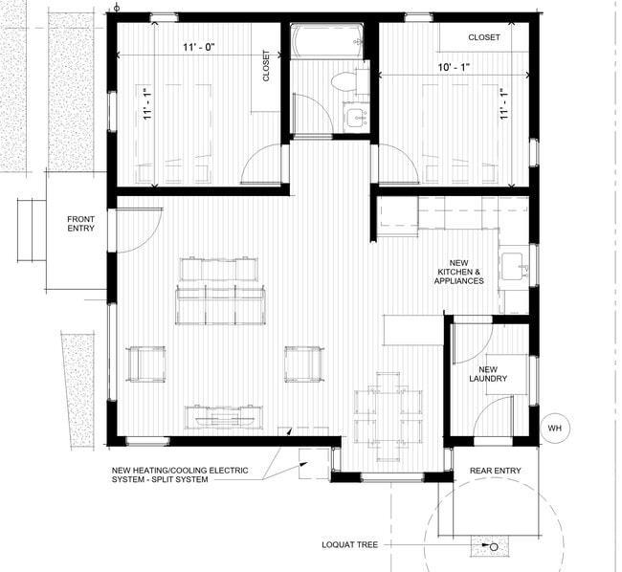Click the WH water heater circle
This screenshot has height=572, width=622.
tap(554, 429)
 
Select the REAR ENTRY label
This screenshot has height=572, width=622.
tap(494, 470)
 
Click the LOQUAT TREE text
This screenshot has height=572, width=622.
tap(351, 545)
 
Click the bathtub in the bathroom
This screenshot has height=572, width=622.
tap(328, 42)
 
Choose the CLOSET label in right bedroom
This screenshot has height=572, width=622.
tap(483, 37)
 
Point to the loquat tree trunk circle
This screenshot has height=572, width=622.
tap(495, 548)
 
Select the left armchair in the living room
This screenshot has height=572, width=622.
tap(145, 363)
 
